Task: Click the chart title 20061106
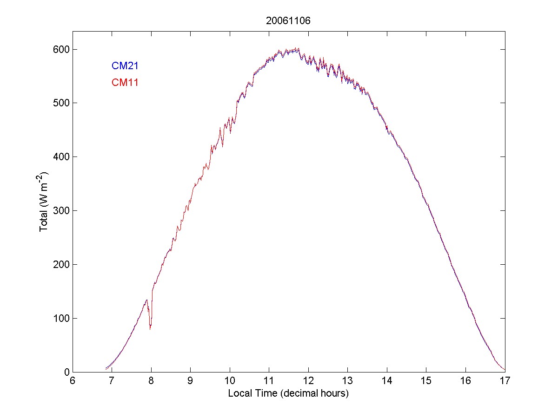click(288, 20)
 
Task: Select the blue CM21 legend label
click(125, 66)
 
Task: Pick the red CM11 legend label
click(125, 83)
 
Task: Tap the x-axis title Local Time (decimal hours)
click(288, 393)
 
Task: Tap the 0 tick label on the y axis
click(65, 372)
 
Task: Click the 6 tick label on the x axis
click(73, 381)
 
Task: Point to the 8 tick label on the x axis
click(151, 381)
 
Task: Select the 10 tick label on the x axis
click(230, 381)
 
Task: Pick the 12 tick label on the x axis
click(308, 381)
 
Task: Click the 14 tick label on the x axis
click(387, 381)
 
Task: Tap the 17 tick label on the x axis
click(505, 381)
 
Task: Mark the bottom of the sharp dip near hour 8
click(150, 329)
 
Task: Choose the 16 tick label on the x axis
click(465, 381)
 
